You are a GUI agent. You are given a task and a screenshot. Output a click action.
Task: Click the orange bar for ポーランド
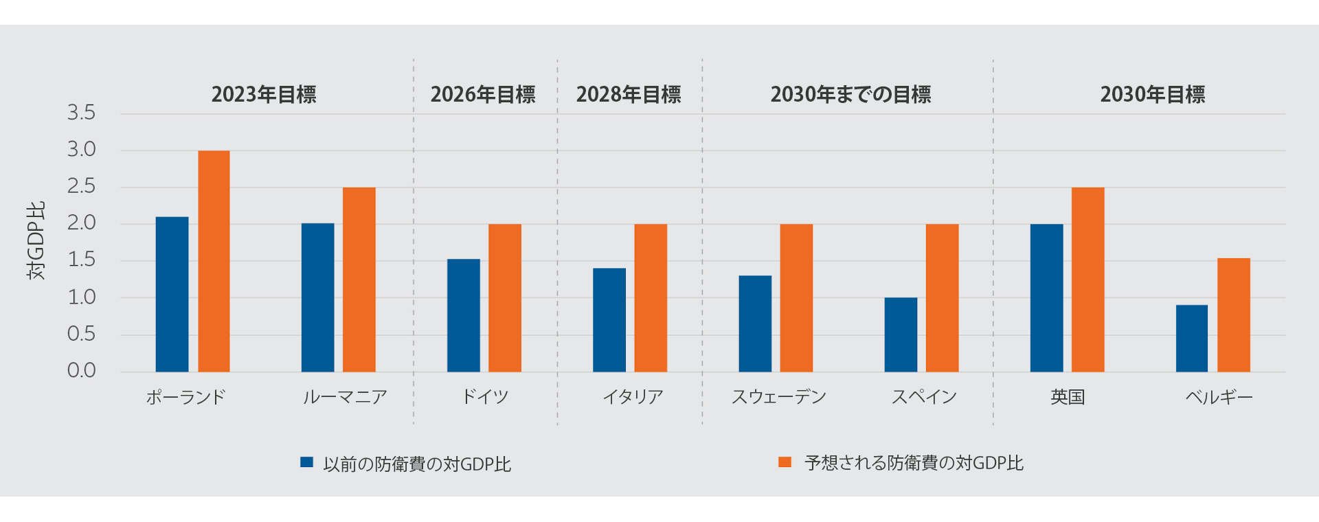tap(214, 261)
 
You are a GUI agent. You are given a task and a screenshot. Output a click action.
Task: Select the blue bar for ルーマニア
tap(317, 297)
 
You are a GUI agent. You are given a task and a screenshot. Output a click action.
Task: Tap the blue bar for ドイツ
tap(464, 315)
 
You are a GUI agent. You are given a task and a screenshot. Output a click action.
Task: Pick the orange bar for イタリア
tap(651, 297)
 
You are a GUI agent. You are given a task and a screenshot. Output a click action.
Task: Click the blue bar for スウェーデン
tap(755, 324)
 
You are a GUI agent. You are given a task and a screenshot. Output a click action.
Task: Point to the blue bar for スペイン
tap(901, 334)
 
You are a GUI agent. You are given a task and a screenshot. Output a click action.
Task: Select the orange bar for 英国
tap(1087, 280)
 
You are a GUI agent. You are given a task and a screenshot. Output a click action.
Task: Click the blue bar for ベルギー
tap(1192, 339)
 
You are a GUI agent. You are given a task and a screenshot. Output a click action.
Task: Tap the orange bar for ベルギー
tap(1234, 315)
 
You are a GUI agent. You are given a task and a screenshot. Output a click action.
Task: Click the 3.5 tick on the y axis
tap(81, 113)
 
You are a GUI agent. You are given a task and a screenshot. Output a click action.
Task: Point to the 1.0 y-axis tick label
tap(81, 297)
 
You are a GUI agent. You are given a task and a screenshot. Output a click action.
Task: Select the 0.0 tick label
tap(81, 371)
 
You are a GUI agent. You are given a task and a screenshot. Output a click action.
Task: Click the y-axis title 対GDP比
tap(36, 240)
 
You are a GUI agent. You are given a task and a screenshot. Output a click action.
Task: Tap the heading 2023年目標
tap(264, 94)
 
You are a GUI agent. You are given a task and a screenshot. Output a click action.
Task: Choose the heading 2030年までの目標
tap(850, 94)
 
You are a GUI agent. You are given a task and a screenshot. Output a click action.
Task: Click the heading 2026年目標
tap(483, 94)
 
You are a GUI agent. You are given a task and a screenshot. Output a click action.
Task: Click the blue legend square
tap(306, 462)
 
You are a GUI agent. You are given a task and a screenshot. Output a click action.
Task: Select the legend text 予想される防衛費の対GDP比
tap(914, 463)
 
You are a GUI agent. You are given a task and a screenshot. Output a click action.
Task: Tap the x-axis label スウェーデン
tap(778, 397)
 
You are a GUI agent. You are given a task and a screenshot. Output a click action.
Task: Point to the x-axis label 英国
tap(1068, 397)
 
